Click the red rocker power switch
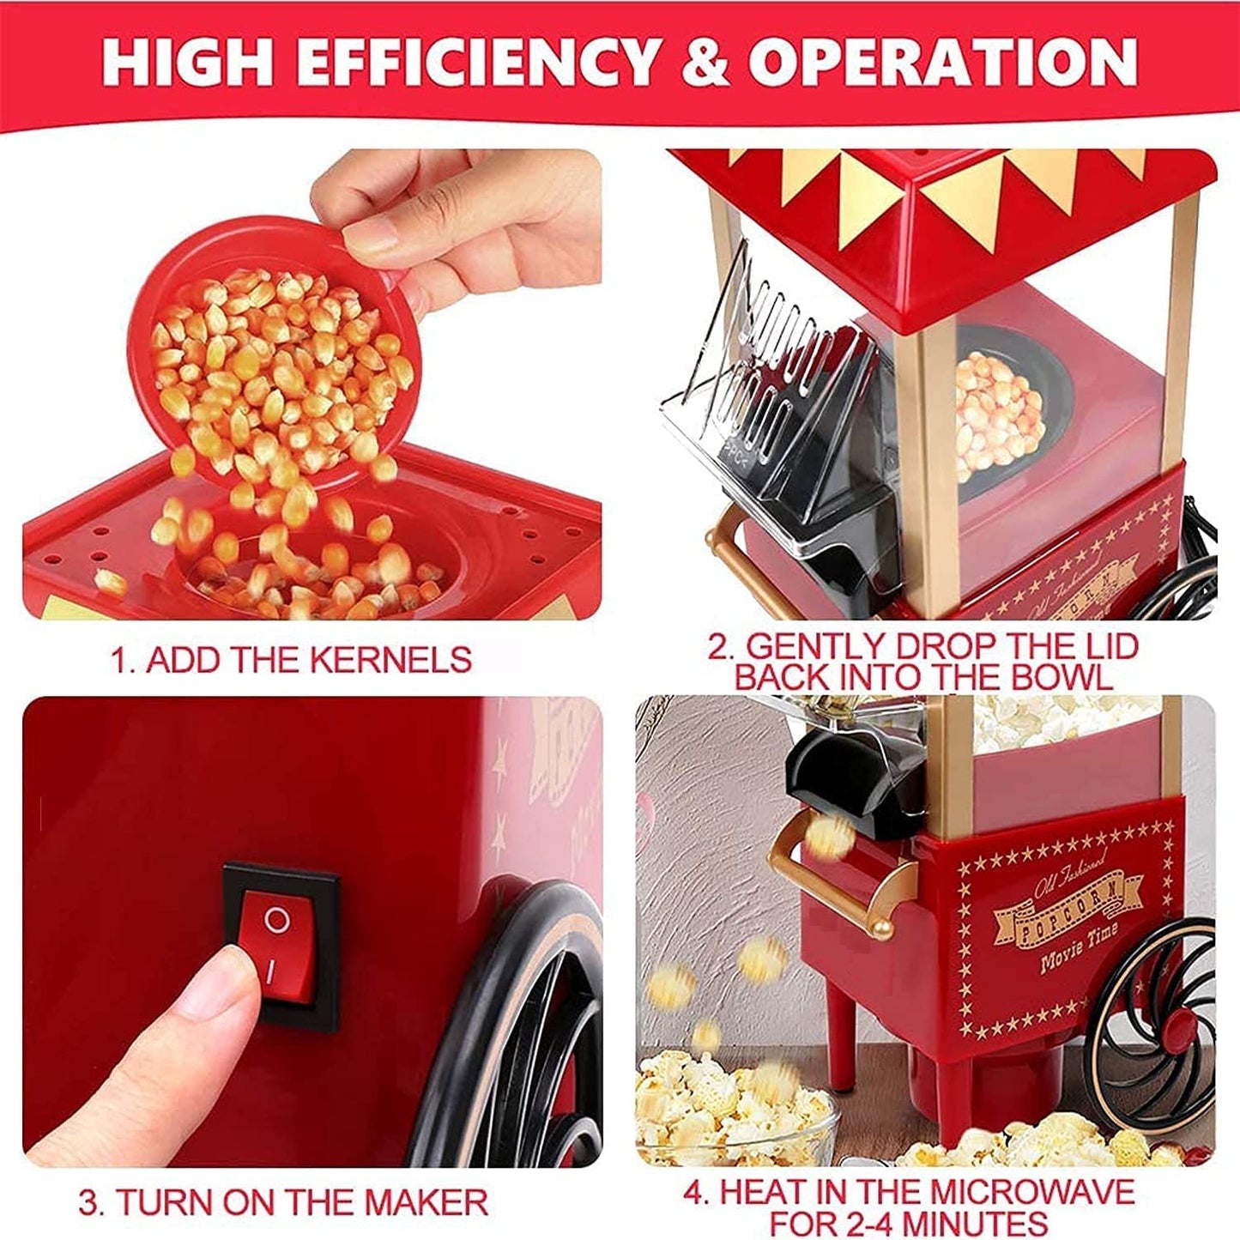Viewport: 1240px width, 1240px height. [x=276, y=945]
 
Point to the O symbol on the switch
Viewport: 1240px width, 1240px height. [x=275, y=920]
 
